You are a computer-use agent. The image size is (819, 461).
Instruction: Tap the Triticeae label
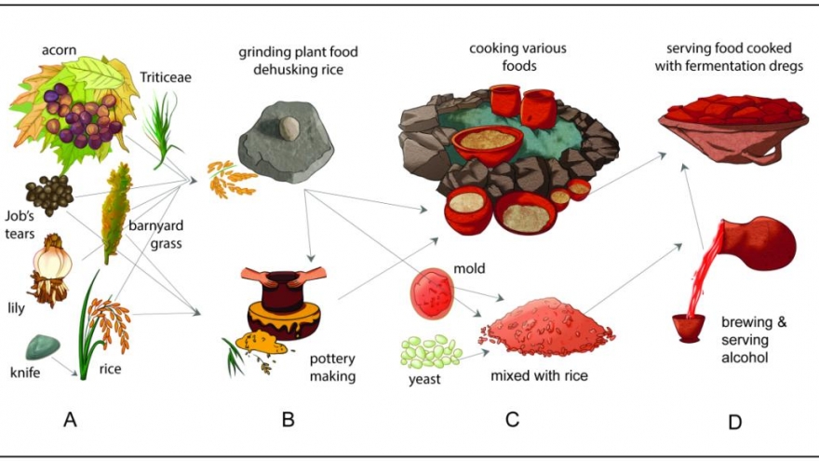click(x=167, y=78)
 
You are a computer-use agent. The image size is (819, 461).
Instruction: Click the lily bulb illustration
click(x=51, y=262)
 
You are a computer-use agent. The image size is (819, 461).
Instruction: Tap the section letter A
click(x=70, y=419)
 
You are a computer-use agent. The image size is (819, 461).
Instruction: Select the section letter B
click(x=289, y=419)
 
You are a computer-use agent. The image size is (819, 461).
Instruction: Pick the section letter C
click(x=512, y=419)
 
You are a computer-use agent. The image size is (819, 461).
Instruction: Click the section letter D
click(x=734, y=422)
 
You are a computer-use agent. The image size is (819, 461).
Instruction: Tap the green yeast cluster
click(x=431, y=352)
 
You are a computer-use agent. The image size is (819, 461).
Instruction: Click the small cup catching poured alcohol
click(x=690, y=328)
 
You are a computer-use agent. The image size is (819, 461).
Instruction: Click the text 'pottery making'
click(x=331, y=368)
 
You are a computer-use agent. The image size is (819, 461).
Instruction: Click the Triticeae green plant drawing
click(x=166, y=125)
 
